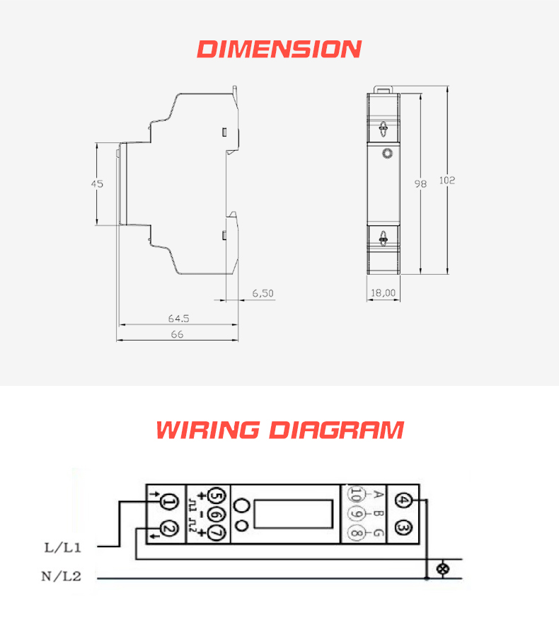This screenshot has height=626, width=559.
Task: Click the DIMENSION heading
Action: tap(279, 49)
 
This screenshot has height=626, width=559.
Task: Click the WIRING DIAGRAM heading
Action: tap(280, 430)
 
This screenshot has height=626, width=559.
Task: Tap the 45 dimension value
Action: tap(97, 183)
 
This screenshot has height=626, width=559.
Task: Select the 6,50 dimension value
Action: tap(263, 293)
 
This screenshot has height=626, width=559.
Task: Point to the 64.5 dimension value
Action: tap(179, 319)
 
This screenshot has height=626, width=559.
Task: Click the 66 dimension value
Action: tap(177, 334)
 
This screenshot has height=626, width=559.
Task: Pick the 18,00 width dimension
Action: tap(383, 293)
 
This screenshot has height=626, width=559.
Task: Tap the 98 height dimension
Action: tap(420, 183)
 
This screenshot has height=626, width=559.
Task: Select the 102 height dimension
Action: tap(447, 181)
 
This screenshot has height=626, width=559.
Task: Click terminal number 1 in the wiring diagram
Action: tap(169, 502)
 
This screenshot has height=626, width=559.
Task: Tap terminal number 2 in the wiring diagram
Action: tap(169, 530)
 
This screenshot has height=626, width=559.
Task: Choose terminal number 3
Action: tap(403, 528)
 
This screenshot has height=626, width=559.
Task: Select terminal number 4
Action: tap(403, 500)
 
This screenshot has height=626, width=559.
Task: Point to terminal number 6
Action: tap(217, 515)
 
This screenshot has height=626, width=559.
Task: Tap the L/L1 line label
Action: tap(63, 547)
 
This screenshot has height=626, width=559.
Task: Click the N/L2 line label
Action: tap(61, 576)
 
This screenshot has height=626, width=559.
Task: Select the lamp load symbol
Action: tap(443, 569)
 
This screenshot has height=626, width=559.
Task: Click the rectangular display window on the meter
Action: tap(293, 514)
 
